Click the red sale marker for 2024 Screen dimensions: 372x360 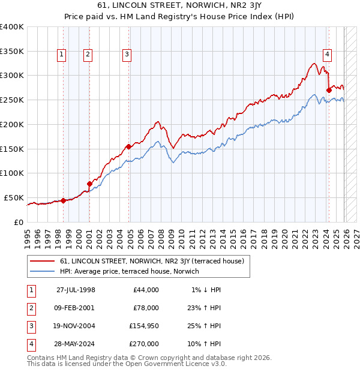coord(329,90)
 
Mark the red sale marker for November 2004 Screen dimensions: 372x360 coord(129,146)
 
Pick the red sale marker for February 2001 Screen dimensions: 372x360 coord(89,184)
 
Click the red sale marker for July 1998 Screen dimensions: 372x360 coord(64,201)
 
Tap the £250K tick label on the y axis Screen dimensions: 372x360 coord(12,100)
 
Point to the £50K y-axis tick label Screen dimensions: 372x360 coord(14,197)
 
